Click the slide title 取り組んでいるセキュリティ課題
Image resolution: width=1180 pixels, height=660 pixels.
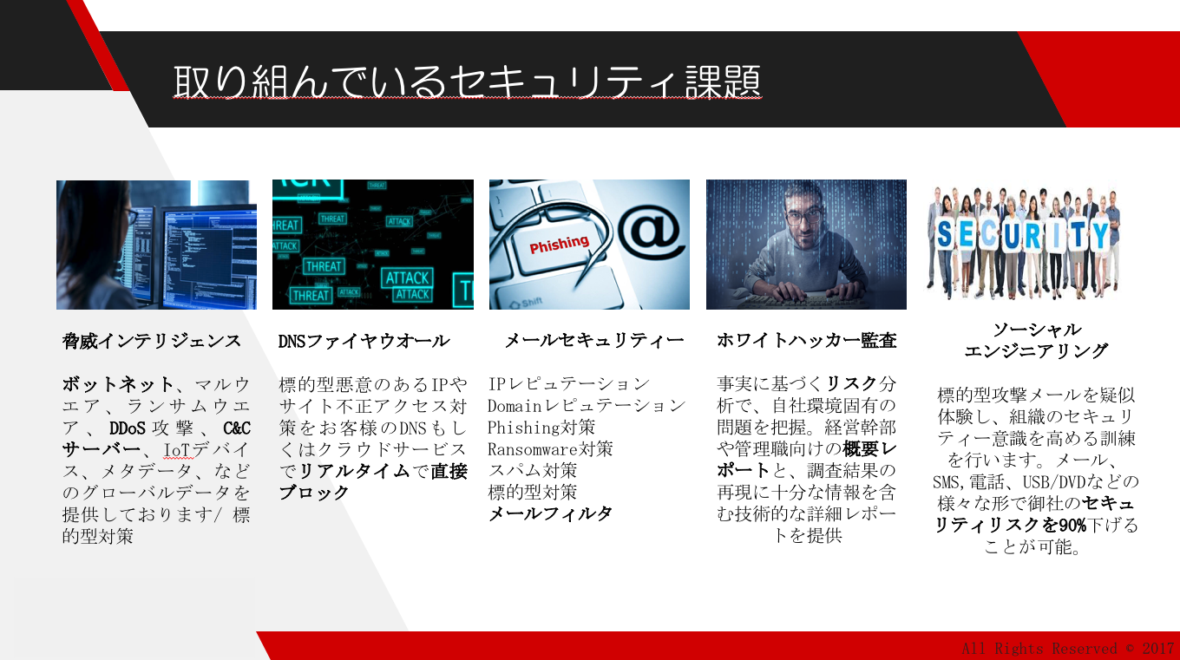pyautogui.click(x=468, y=82)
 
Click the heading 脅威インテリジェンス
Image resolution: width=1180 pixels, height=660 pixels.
pyautogui.click(x=152, y=341)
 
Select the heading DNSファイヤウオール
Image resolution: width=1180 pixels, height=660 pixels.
pyautogui.click(x=364, y=341)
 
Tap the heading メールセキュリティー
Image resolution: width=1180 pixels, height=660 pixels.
pyautogui.click(x=594, y=340)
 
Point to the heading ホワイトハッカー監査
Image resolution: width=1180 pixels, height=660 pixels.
pyautogui.click(x=807, y=340)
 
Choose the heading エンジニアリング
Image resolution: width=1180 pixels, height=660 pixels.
pyautogui.click(x=1036, y=350)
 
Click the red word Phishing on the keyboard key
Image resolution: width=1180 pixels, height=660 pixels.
pyautogui.click(x=559, y=244)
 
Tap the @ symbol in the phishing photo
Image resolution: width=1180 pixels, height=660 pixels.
pyautogui.click(x=648, y=231)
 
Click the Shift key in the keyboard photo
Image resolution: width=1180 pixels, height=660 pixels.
pyautogui.click(x=527, y=303)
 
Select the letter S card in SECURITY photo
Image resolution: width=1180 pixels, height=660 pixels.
pyautogui.click(x=945, y=234)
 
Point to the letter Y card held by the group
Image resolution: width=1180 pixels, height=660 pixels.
pyautogui.click(x=1101, y=234)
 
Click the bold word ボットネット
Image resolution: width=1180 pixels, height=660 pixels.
pyautogui.click(x=118, y=384)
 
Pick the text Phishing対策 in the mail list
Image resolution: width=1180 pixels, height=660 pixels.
pyautogui.click(x=541, y=428)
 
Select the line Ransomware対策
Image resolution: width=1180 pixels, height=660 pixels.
pyautogui.click(x=550, y=448)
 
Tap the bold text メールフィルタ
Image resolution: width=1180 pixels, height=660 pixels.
pyautogui.click(x=550, y=513)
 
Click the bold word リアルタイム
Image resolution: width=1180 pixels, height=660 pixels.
pyautogui.click(x=354, y=470)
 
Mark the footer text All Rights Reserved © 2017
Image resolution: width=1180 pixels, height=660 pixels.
pyautogui.click(x=1068, y=648)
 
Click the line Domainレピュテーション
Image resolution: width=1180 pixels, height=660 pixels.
pyautogui.click(x=586, y=406)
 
